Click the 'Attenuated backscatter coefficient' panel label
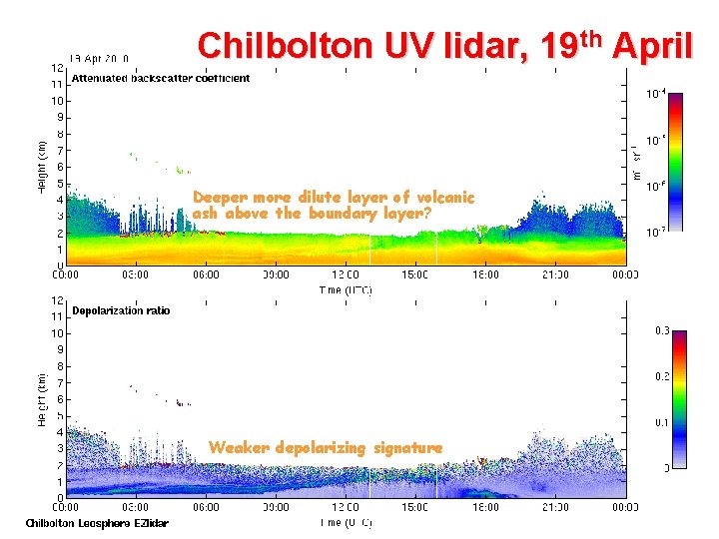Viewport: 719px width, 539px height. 160,78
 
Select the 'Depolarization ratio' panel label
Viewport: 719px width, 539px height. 121,310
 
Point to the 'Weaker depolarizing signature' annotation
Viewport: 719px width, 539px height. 325,448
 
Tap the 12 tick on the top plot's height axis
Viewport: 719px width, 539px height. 58,68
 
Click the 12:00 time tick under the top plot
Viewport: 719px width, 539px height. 346,274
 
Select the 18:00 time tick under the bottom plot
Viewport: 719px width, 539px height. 486,507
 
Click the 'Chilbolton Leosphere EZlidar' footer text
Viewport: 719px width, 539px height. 97,523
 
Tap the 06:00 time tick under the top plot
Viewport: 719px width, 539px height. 206,274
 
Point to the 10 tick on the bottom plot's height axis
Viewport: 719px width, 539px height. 58,333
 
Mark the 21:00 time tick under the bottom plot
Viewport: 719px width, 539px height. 556,507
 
